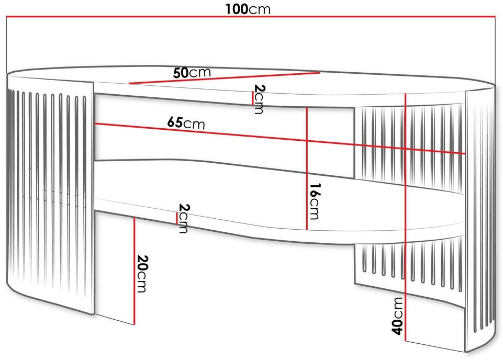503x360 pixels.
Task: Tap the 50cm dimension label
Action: click(192, 73)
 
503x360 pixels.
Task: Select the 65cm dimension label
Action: click(186, 123)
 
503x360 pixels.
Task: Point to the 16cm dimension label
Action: click(314, 201)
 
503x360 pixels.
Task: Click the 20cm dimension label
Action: click(142, 274)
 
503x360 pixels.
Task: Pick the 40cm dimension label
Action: click(398, 315)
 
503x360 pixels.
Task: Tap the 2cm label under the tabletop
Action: click(259, 99)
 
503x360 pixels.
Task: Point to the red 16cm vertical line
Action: click(306, 168)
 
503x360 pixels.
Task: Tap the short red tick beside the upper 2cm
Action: click(253, 97)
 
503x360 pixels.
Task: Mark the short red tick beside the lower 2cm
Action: click(177, 218)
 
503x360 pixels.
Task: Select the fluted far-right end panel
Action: click(479, 220)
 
